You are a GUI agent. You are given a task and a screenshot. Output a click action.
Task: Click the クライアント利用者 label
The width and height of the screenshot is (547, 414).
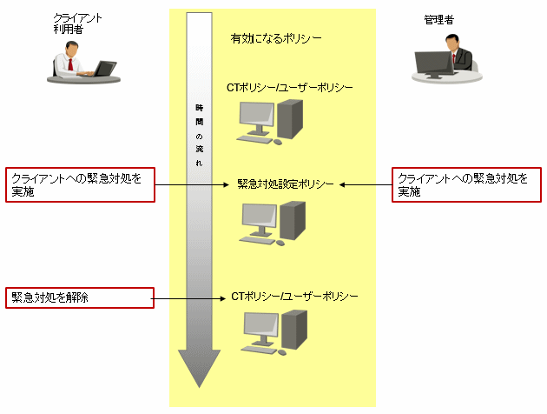[x=71, y=23]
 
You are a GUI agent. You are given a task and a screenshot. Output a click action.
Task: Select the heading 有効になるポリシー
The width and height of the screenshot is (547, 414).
[x=275, y=39]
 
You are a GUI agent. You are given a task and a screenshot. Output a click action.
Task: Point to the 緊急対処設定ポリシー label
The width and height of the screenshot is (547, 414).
[x=287, y=184]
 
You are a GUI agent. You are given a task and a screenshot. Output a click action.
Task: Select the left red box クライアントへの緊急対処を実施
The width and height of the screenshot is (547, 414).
[x=81, y=184]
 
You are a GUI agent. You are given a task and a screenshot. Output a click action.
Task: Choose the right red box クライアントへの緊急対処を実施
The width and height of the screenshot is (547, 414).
[x=467, y=184]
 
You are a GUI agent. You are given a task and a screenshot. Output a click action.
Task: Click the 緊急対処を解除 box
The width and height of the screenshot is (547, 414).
[x=81, y=297]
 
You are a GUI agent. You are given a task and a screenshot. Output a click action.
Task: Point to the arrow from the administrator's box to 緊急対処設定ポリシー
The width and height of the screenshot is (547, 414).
[x=365, y=184]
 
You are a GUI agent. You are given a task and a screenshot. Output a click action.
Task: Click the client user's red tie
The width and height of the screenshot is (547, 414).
[x=69, y=64]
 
